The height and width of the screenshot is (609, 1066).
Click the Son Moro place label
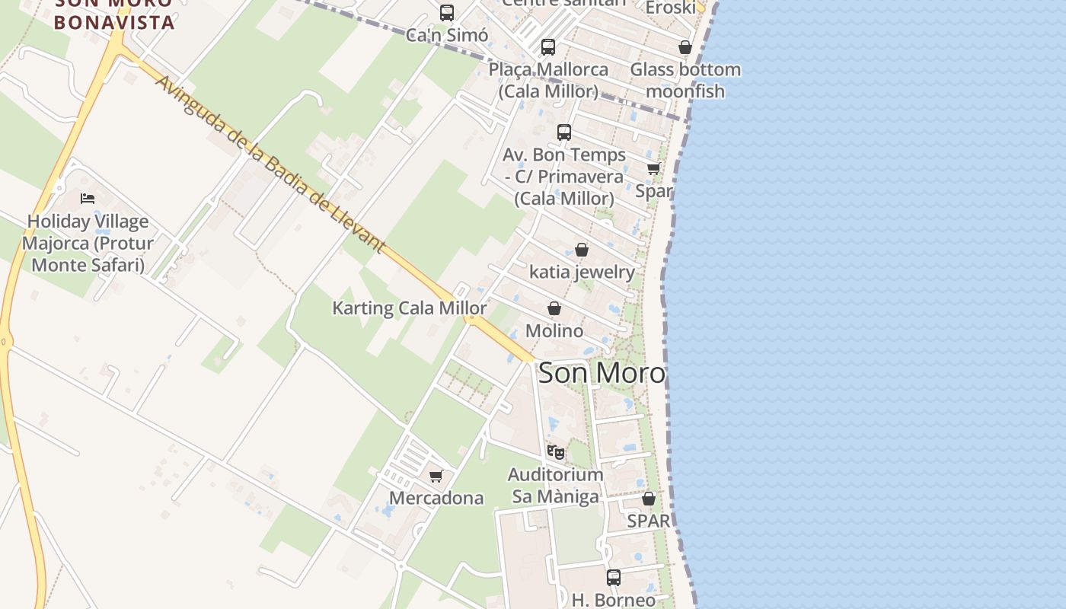pyautogui.click(x=602, y=373)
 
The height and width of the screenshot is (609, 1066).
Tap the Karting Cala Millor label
pyautogui.click(x=410, y=308)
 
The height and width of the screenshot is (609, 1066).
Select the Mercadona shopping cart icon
pyautogui.click(x=436, y=477)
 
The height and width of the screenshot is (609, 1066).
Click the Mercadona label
pyautogui.click(x=436, y=498)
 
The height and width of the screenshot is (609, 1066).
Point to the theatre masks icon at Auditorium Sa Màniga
pyautogui.click(x=556, y=452)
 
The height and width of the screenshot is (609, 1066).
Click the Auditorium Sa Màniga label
pyautogui.click(x=556, y=486)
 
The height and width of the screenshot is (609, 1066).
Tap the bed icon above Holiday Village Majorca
pyautogui.click(x=88, y=199)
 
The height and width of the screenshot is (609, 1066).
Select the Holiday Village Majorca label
pyautogui.click(x=88, y=244)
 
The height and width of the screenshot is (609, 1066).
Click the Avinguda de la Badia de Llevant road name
pyautogui.click(x=270, y=164)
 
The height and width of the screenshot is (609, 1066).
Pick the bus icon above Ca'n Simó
pyautogui.click(x=447, y=13)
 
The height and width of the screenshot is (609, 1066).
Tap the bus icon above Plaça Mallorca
pyautogui.click(x=548, y=47)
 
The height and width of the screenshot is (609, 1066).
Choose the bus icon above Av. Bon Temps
pyautogui.click(x=564, y=132)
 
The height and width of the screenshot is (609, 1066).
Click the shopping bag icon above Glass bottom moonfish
pyautogui.click(x=685, y=47)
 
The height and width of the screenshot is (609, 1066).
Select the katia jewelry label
pyautogui.click(x=582, y=272)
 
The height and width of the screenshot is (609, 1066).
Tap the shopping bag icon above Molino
pyautogui.click(x=554, y=308)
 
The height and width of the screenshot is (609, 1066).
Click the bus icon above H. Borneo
pyautogui.click(x=614, y=578)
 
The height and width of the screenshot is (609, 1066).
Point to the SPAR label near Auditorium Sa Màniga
pyautogui.click(x=649, y=521)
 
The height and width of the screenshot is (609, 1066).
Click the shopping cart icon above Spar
pyautogui.click(x=653, y=168)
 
